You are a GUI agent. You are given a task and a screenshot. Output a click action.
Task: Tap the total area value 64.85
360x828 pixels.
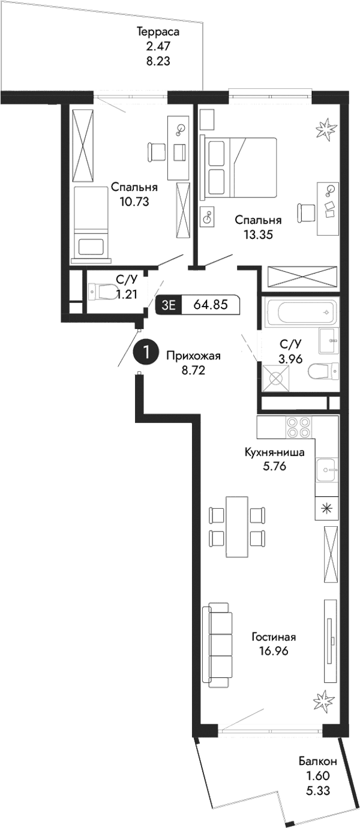pos(211,305)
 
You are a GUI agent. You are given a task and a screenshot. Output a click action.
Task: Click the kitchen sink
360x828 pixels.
pos(326,467)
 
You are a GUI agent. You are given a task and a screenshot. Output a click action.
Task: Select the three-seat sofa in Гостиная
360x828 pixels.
pos(217,647)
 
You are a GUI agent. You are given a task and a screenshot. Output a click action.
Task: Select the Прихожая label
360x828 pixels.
pos(193,356)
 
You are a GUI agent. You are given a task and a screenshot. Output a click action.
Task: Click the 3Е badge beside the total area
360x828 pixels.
pos(168,305)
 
